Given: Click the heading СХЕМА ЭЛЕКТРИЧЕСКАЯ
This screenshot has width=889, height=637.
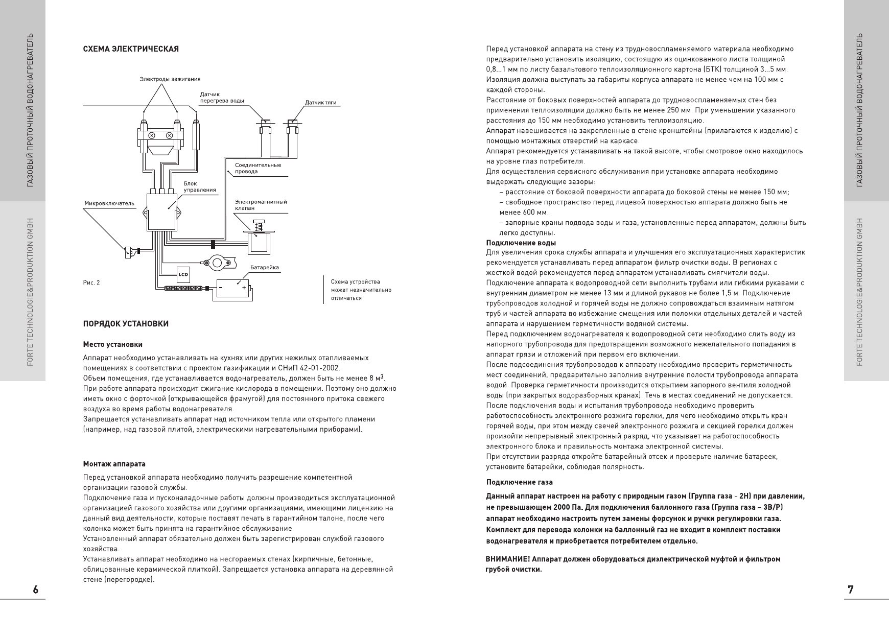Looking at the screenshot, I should (x=131, y=49).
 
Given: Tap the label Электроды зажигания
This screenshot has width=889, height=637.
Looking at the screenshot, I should (x=170, y=79).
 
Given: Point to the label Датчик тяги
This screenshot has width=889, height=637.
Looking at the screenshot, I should (x=320, y=103).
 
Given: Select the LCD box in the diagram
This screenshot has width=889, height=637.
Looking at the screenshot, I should (x=183, y=274).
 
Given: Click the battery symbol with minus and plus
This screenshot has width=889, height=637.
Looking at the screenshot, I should (x=232, y=289).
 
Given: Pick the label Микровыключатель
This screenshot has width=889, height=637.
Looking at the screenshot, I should (x=109, y=203).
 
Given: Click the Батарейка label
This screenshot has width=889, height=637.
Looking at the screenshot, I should (x=265, y=267).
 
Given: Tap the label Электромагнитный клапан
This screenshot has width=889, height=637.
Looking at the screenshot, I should (x=261, y=205).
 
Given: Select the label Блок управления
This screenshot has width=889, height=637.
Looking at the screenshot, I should (x=199, y=186).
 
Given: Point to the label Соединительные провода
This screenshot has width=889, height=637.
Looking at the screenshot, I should (x=258, y=168).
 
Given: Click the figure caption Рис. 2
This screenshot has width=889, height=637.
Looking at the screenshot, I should (x=91, y=282).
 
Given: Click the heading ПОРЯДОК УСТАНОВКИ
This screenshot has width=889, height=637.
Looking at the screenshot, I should (x=126, y=324).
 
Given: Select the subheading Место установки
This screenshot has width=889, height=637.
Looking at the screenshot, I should (x=112, y=345).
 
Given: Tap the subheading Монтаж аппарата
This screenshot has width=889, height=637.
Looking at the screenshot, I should (x=114, y=464).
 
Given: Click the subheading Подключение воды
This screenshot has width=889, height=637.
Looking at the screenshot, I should (x=521, y=243).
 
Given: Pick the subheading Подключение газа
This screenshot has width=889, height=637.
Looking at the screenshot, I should (x=519, y=482).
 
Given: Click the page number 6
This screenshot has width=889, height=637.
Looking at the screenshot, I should (x=35, y=589).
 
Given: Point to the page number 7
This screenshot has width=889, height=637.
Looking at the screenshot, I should (x=850, y=589).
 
